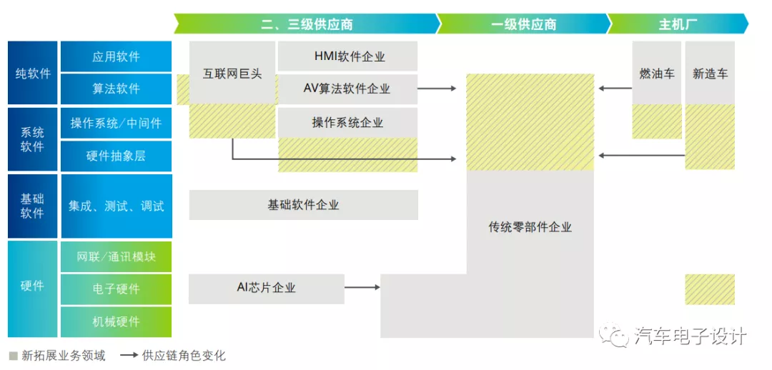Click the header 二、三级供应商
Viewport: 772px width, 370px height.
pyautogui.click(x=307, y=24)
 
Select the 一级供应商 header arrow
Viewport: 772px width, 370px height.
pyautogui.click(x=523, y=24)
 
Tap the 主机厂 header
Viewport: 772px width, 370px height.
pyautogui.click(x=678, y=24)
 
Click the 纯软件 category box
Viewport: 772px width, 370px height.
pyautogui.click(x=32, y=73)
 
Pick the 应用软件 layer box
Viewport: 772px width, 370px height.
pyautogui.click(x=117, y=56)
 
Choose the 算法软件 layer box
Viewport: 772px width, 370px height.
pyautogui.click(x=117, y=89)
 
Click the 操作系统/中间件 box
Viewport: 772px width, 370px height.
pyautogui.click(x=117, y=123)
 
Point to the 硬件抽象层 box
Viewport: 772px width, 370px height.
pyautogui.click(x=117, y=156)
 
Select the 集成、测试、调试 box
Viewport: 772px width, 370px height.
pyautogui.click(x=117, y=206)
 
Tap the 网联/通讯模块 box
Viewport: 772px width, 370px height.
pyautogui.click(x=117, y=256)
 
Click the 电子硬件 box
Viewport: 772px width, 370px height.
pyautogui.click(x=117, y=289)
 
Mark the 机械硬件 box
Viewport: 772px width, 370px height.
pyautogui.click(x=117, y=321)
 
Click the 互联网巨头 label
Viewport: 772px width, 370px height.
pyautogui.click(x=232, y=74)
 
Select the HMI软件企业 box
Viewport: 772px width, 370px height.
pyautogui.click(x=347, y=56)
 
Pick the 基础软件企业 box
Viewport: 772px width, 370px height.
pyautogui.click(x=303, y=205)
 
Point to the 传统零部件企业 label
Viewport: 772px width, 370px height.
pyautogui.click(x=530, y=227)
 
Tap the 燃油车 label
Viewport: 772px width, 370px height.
pyautogui.click(x=657, y=74)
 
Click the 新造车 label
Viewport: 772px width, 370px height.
pyautogui.click(x=710, y=74)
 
